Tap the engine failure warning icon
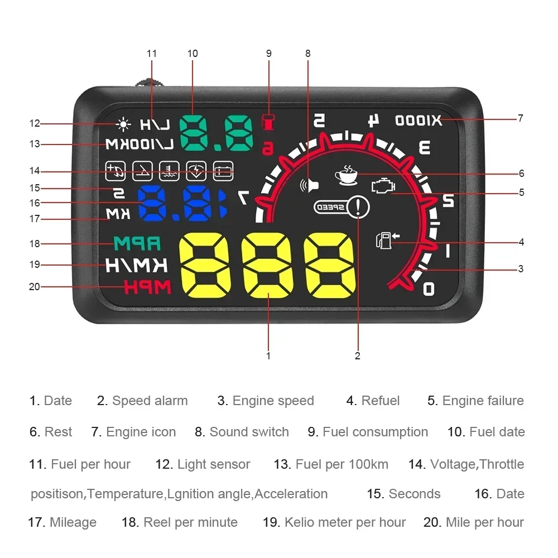click(382, 186)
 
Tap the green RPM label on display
click(137, 243)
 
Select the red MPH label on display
click(147, 287)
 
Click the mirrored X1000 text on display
click(419, 120)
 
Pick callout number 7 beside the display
click(521, 118)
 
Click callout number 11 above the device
click(152, 54)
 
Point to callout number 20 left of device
click(35, 287)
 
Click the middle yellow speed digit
click(268, 265)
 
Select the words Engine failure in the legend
click(483, 401)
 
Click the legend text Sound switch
click(249, 432)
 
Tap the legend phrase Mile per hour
click(484, 522)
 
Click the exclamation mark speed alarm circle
click(358, 208)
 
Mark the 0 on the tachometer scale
click(429, 288)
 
